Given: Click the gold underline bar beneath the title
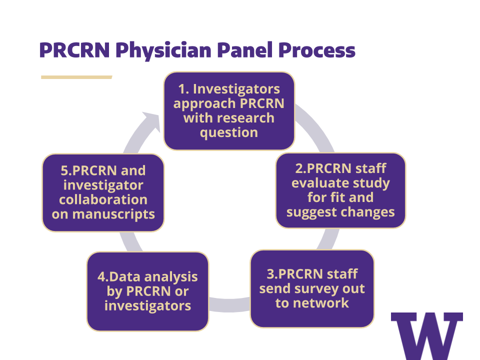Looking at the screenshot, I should [76, 77].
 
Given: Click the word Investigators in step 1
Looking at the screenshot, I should [236, 89].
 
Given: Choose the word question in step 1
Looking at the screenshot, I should [229, 132].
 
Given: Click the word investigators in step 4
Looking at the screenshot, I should [147, 305].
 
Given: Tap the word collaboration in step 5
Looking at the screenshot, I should [103, 199].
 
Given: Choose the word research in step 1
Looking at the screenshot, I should [245, 118].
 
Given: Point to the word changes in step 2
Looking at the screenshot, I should [369, 212].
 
